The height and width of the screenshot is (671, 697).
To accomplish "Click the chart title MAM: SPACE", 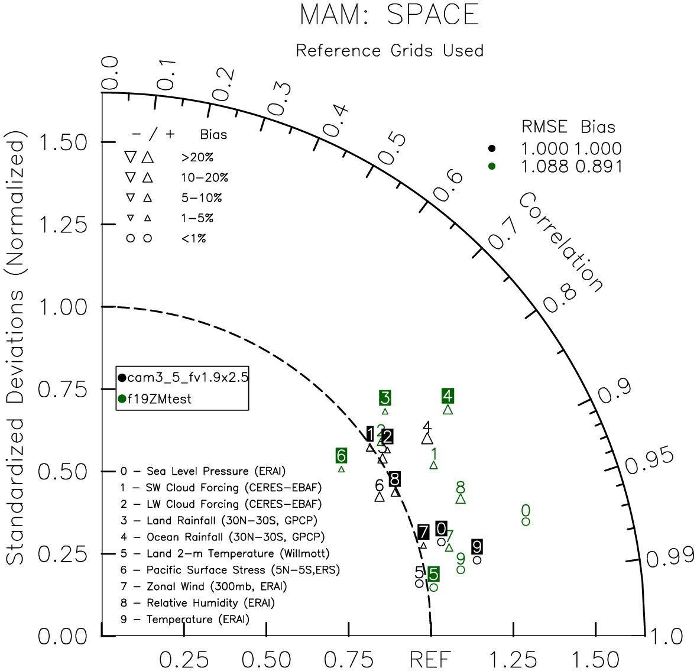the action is point(390,15).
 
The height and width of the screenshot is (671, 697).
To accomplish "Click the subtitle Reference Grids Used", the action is point(390,51).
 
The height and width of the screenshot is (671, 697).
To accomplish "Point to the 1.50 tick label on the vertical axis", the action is point(63,142).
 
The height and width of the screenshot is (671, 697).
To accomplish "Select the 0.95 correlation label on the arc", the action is point(650,461).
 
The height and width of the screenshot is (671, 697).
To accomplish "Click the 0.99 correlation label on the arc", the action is point(670,558).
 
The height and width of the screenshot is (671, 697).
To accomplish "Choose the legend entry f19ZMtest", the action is point(155,399).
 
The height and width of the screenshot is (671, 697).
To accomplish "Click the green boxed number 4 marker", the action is point(448,396).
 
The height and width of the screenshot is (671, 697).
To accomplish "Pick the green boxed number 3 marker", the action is point(385,397).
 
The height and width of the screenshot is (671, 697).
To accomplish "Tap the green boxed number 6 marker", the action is point(341,456).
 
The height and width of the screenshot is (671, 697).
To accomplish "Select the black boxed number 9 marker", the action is point(477,546).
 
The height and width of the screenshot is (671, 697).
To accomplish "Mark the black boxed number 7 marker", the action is point(423,532).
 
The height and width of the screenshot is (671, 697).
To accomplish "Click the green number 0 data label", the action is point(526,510).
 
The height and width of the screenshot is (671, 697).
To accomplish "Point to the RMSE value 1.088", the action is point(544,167).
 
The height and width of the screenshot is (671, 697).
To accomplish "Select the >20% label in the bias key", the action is point(197,157).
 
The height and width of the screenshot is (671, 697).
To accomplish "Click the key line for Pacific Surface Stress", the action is point(230,570).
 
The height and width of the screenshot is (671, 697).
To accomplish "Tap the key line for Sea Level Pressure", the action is point(203,471).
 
